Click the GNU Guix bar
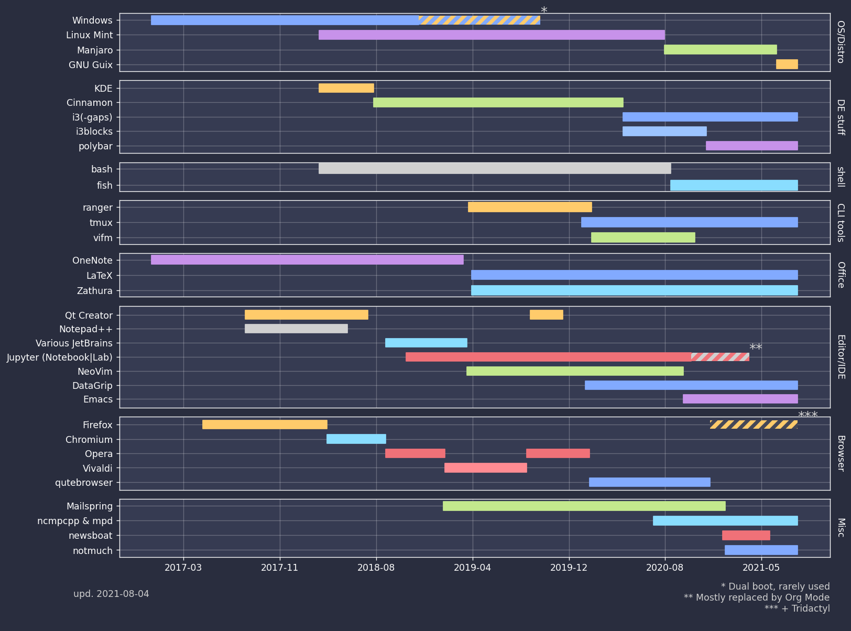[x=787, y=64]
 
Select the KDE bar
[x=346, y=88]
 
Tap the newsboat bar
[x=746, y=535]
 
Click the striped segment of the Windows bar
[x=479, y=20]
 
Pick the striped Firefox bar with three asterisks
[x=754, y=425]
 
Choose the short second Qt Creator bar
[x=546, y=315]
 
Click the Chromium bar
[x=356, y=439]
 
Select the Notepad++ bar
[x=296, y=329]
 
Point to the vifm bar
[x=643, y=237]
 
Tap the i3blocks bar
[x=664, y=131]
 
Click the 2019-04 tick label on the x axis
[x=473, y=567]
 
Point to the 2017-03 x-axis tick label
[x=183, y=567]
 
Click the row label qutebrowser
[x=84, y=483]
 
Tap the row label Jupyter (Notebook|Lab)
[x=60, y=357]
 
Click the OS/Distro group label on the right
[x=840, y=42]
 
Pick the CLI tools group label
[x=840, y=222]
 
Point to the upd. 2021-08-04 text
[x=111, y=594]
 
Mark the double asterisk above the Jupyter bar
[x=755, y=348]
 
